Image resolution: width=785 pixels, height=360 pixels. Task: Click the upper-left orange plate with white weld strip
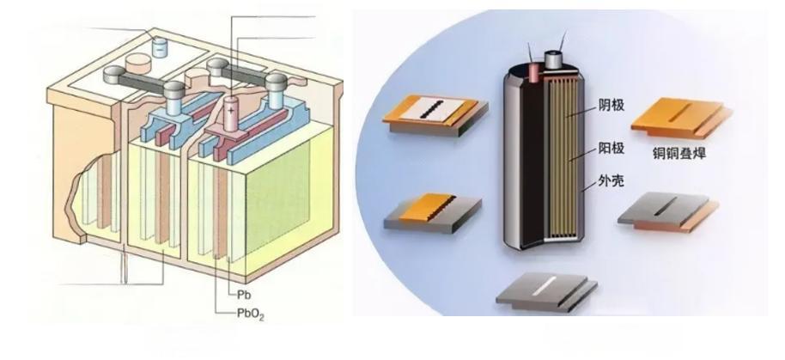click(x=434, y=114)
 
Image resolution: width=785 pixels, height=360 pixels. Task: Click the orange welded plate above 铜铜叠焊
click(x=682, y=115)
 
